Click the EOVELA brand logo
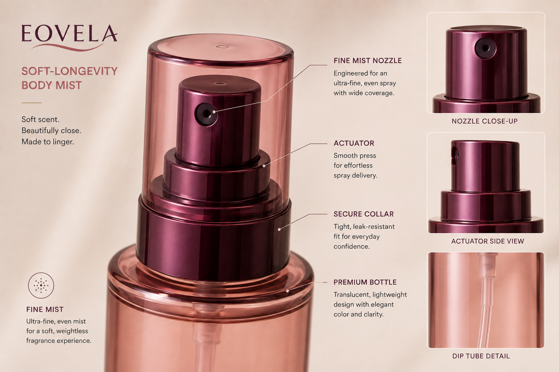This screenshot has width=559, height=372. click(x=70, y=37)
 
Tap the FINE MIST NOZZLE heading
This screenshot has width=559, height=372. click(x=368, y=61)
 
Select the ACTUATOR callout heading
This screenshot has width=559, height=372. click(x=354, y=143)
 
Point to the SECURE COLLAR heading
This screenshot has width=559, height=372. click(x=364, y=214)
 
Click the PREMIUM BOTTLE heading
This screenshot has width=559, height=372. click(x=365, y=282)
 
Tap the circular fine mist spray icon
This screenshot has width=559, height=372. click(x=41, y=285)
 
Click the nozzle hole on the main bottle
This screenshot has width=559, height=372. click(x=206, y=114)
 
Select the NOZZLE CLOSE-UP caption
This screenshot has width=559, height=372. click(x=485, y=121)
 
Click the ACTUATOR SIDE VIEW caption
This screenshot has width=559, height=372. click(x=487, y=241)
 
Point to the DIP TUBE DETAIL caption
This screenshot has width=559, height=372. click(x=481, y=356)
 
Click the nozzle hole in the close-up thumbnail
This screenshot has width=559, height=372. click(x=485, y=48)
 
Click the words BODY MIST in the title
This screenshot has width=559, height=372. click(x=52, y=85)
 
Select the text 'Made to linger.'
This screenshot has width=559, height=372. click(x=48, y=142)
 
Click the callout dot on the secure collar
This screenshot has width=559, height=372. click(x=279, y=229)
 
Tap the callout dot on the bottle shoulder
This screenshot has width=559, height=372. click(x=288, y=291)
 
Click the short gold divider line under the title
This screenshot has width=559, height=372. click(x=32, y=103)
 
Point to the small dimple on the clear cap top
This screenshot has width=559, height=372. click(x=222, y=46)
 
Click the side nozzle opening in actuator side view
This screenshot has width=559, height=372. click(x=455, y=156)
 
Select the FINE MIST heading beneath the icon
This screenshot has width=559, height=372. click(x=45, y=310)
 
